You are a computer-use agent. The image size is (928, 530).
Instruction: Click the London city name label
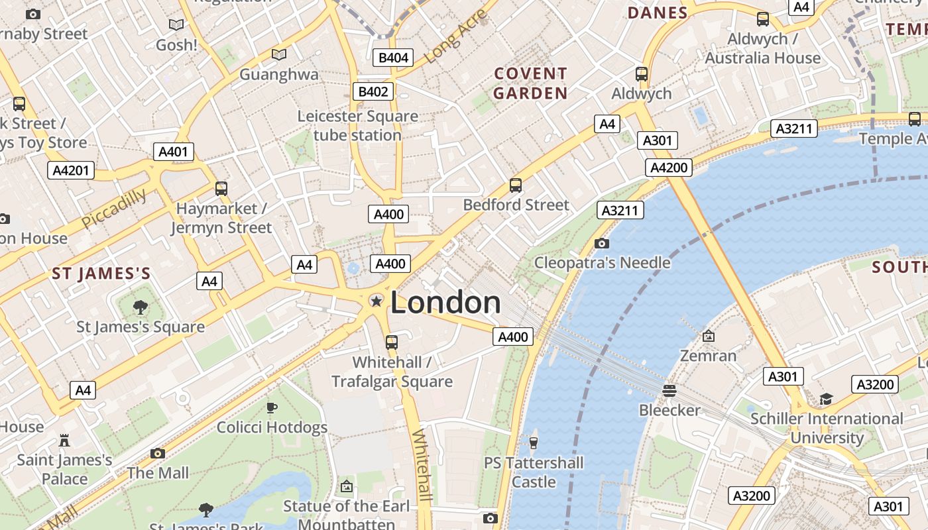point(445,303)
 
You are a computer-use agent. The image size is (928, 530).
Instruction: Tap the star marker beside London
point(376,301)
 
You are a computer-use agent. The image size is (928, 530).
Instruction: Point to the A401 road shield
point(174,152)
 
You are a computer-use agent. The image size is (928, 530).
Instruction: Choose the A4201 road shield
point(70,170)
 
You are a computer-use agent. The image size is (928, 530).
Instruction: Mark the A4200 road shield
point(669,168)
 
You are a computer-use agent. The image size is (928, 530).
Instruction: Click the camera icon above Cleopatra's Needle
point(601,243)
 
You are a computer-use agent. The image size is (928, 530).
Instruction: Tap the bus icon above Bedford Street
point(516,185)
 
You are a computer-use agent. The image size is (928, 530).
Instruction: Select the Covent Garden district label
point(530,83)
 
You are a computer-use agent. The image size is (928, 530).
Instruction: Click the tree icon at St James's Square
point(140,307)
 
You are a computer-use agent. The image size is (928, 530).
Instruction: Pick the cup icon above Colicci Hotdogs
point(271,407)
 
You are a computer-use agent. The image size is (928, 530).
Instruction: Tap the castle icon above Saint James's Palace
point(64,440)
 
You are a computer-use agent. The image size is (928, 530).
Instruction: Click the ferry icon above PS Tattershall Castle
point(533,442)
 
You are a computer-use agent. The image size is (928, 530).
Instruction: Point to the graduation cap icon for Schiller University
point(826,399)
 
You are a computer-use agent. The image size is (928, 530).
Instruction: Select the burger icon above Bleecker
point(669,390)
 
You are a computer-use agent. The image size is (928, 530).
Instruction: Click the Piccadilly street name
point(115,208)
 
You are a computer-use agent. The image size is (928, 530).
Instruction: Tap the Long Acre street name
point(455,38)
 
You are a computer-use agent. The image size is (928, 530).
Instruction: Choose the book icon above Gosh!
point(176,25)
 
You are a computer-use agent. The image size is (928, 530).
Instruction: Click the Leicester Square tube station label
point(357,125)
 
